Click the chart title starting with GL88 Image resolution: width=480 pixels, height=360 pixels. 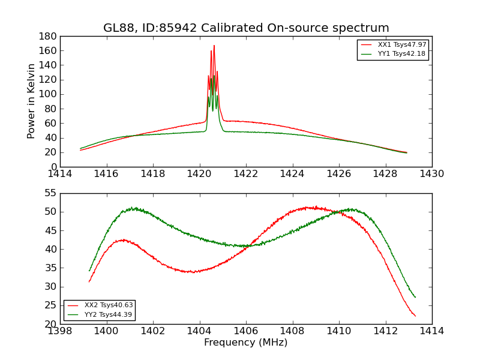click(246, 28)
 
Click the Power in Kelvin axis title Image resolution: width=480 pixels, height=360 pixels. click(32, 101)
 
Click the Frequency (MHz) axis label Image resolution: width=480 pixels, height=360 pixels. click(246, 343)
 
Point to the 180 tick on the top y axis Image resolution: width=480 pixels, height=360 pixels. click(49, 36)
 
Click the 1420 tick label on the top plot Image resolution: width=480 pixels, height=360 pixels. click(200, 174)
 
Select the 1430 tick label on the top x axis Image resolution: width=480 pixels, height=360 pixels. click(432, 174)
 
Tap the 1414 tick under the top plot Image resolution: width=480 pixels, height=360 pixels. click(61, 174)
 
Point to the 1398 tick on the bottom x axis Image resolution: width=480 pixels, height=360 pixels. click(61, 331)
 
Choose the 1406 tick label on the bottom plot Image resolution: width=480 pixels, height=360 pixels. click(246, 331)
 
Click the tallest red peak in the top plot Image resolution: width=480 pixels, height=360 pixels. click(214, 46)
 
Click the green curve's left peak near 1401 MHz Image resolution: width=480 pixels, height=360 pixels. click(133, 208)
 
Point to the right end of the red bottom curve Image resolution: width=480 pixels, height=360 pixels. click(415, 316)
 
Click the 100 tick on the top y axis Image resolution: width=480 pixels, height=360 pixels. click(49, 94)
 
